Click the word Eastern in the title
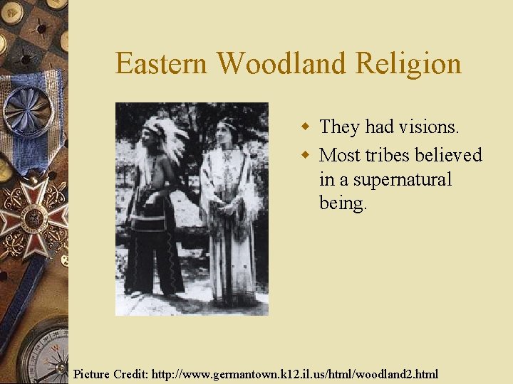(x=162, y=64)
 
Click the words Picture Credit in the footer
(x=107, y=373)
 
